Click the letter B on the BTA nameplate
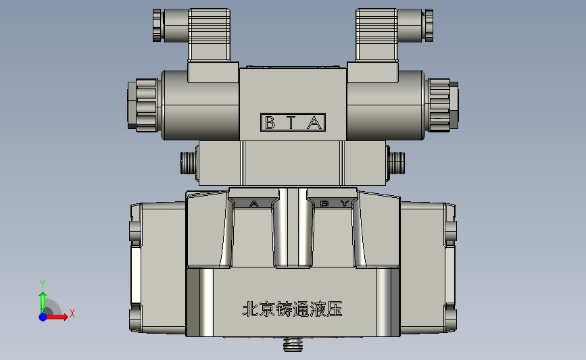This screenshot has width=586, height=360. tap(270, 122)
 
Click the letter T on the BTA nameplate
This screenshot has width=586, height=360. tap(291, 122)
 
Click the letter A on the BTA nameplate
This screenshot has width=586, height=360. tap(314, 122)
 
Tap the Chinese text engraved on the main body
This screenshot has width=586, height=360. tap(292, 309)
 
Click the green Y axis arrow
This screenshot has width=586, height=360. tap(43, 302)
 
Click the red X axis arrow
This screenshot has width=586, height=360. tap(57, 317)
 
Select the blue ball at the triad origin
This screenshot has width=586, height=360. tap(43, 317)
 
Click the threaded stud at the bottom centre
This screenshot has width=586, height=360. tap(293, 344)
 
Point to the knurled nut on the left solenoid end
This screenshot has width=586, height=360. tap(143, 105)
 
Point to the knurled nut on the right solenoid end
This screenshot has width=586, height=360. tap(443, 105)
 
